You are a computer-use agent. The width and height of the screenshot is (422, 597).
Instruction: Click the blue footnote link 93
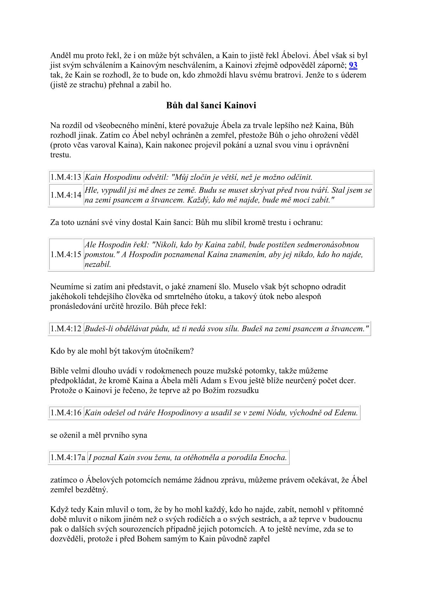[x=353, y=65]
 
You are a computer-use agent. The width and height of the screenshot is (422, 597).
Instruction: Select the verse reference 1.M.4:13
[x=66, y=177]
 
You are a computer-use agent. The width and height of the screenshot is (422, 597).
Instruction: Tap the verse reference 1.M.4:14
[x=66, y=195]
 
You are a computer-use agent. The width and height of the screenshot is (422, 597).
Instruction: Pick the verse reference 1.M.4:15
[x=66, y=254]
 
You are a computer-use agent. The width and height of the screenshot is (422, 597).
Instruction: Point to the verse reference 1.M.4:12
[x=66, y=328]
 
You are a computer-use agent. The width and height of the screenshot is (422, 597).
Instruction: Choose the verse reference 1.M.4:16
[x=66, y=413]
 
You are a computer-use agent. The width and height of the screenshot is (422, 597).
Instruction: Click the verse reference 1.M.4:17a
[x=68, y=457]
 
